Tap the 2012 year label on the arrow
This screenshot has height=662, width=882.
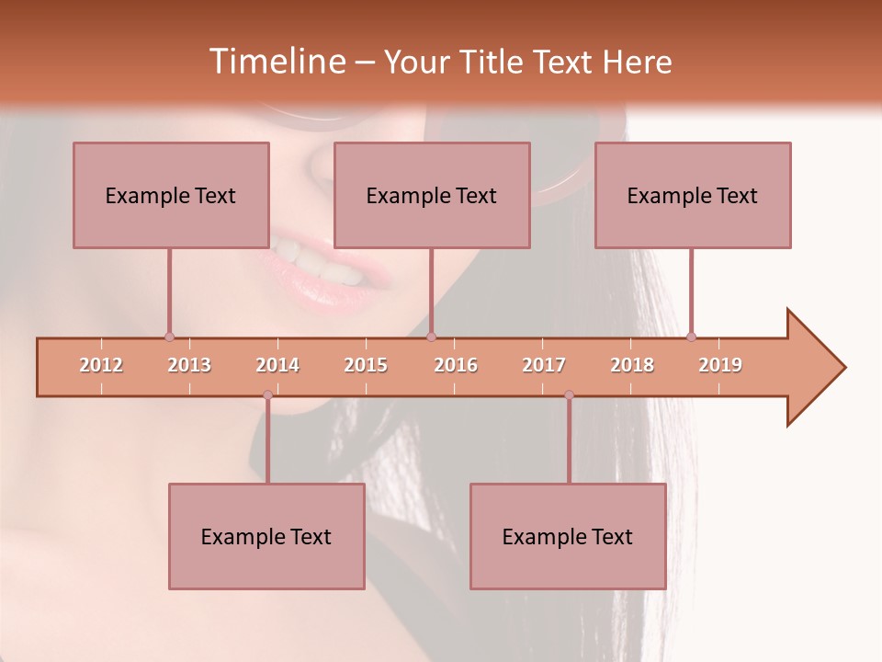point(101,365)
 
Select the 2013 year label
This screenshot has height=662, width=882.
point(189,365)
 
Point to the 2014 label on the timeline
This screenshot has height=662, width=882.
point(277,365)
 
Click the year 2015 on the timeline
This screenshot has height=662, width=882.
point(366,365)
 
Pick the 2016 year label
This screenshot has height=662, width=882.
point(456,365)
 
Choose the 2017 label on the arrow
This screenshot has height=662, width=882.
point(544,365)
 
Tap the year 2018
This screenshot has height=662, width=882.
point(632,365)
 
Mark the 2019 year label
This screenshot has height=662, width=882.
point(720,365)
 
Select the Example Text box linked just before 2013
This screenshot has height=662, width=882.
point(171,195)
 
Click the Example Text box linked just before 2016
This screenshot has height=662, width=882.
point(432,195)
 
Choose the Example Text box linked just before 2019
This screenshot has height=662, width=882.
point(693,195)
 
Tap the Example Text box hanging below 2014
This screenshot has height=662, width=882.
point(266,536)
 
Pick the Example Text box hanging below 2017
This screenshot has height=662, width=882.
point(568,536)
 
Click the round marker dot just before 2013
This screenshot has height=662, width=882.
point(169,337)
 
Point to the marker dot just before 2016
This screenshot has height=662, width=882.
point(432,337)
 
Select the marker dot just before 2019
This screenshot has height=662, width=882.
point(692,337)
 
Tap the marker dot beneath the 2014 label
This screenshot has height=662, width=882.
point(267,394)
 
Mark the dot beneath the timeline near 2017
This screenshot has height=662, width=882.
point(569,394)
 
